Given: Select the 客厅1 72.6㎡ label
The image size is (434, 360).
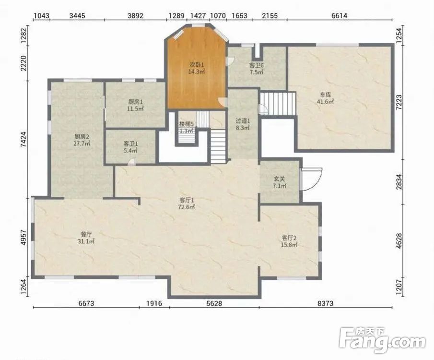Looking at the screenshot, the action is (187, 204).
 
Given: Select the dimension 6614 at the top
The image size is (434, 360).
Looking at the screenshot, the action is (339, 15).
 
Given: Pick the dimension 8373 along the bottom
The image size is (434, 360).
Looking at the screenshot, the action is (325, 303).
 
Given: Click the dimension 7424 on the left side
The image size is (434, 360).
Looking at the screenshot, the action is (24, 139).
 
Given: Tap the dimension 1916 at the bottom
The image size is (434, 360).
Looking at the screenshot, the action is (154, 303).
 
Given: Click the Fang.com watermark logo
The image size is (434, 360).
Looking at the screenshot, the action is (382, 340).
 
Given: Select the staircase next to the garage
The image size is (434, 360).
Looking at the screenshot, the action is (278, 103).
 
